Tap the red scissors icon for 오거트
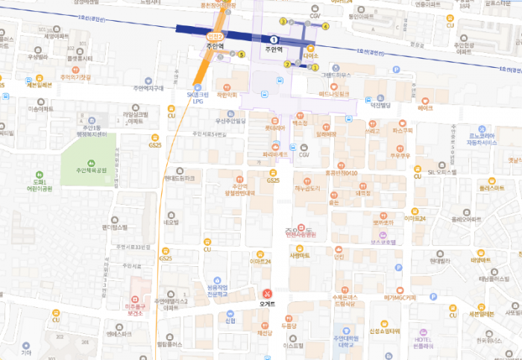[267, 293]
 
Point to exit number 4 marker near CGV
[325, 26]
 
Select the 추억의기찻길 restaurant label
[75, 77]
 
